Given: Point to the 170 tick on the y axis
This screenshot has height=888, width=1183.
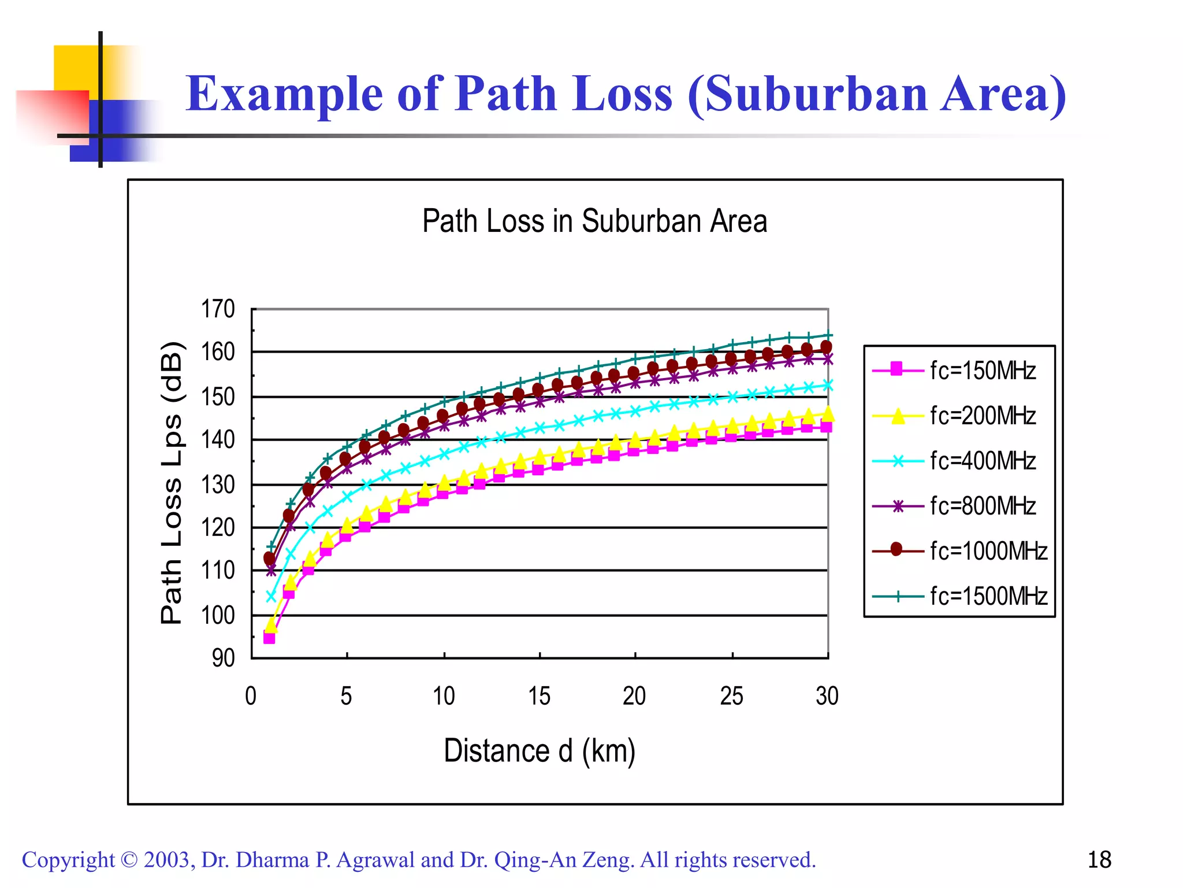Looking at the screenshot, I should click(218, 309).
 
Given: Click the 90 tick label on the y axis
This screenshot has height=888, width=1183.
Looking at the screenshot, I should click(223, 658).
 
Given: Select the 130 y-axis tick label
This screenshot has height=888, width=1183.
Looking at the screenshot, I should click(218, 484).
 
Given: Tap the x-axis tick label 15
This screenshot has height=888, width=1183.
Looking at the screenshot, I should click(539, 696).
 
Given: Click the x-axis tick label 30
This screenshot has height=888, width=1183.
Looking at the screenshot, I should click(827, 696).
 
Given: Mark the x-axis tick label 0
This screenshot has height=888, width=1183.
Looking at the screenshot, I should click(251, 696).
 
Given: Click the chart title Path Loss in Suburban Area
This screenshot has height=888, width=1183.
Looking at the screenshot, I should click(594, 221).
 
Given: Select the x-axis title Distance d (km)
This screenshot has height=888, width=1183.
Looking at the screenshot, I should click(539, 751).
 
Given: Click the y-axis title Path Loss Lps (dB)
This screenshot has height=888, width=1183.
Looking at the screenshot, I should click(172, 483).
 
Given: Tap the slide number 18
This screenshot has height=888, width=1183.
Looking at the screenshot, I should click(1099, 860).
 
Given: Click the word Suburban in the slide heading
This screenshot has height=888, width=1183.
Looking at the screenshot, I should click(816, 94).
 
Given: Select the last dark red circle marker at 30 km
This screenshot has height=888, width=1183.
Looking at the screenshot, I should click(826, 347).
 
